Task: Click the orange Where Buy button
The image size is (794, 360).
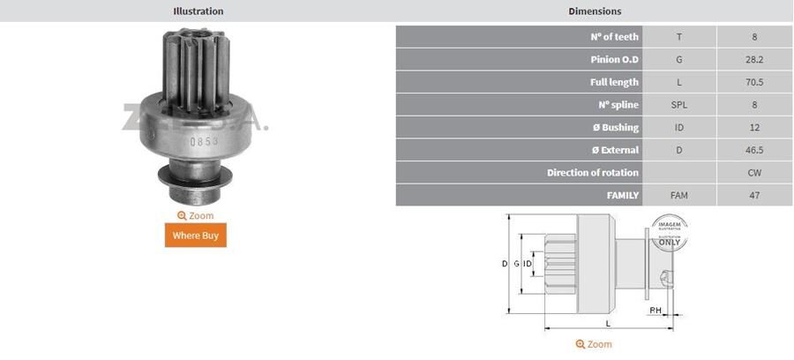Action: [x=196, y=236]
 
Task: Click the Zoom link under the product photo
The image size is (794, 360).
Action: [x=196, y=215]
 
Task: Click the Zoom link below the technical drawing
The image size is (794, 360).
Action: [x=594, y=344]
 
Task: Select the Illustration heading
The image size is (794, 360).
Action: [x=198, y=11]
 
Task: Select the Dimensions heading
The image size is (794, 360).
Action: [x=594, y=11]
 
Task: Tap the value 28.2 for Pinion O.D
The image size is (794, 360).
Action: [x=754, y=60]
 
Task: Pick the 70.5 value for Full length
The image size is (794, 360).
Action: [x=754, y=82]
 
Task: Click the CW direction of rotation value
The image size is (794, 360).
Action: [x=754, y=173]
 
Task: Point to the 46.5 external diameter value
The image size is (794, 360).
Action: [x=754, y=150]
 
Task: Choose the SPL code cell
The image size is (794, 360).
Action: [x=678, y=105]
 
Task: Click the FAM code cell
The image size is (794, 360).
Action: [x=678, y=195]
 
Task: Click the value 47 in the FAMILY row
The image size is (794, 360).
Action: [x=754, y=195]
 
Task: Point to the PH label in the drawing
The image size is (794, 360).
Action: [x=655, y=311]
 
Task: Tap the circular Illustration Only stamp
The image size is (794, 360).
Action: [x=668, y=230]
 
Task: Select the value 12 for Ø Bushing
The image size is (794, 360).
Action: [x=754, y=128]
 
